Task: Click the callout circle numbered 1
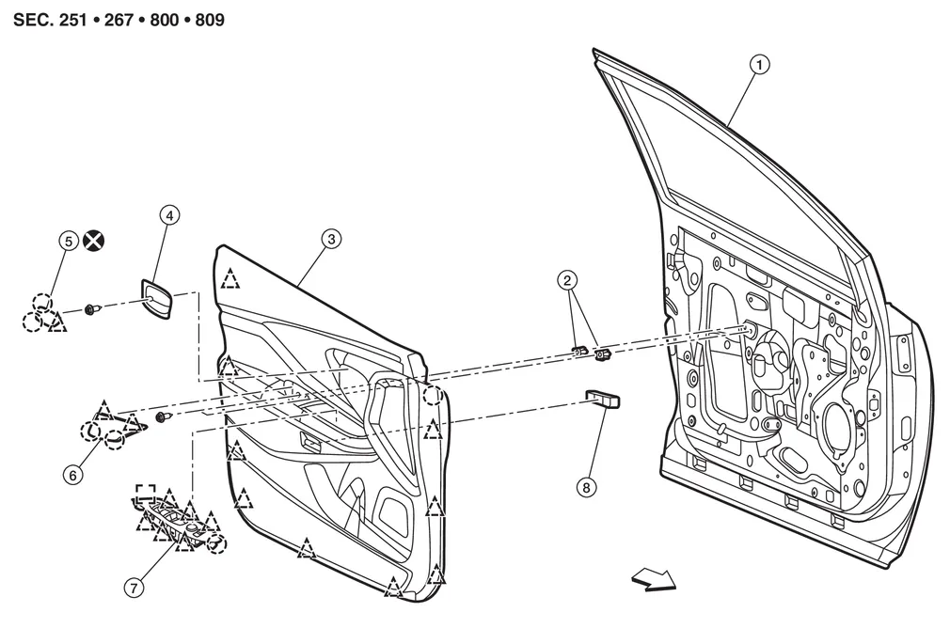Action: tap(760, 64)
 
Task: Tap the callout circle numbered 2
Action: tap(567, 280)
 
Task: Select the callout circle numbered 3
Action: tap(331, 239)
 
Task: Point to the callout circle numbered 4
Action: tap(169, 215)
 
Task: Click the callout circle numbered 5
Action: tap(69, 241)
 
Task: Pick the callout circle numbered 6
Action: tap(72, 475)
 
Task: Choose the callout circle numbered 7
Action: tap(134, 587)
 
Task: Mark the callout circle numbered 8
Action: tap(586, 487)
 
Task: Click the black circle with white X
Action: tap(93, 241)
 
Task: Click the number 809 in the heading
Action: tap(210, 20)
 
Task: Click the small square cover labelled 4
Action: tap(157, 298)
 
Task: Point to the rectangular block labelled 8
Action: tap(602, 400)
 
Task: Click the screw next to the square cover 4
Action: tap(92, 309)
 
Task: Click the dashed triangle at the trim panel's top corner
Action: tap(230, 278)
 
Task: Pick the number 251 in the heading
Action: tap(73, 20)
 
